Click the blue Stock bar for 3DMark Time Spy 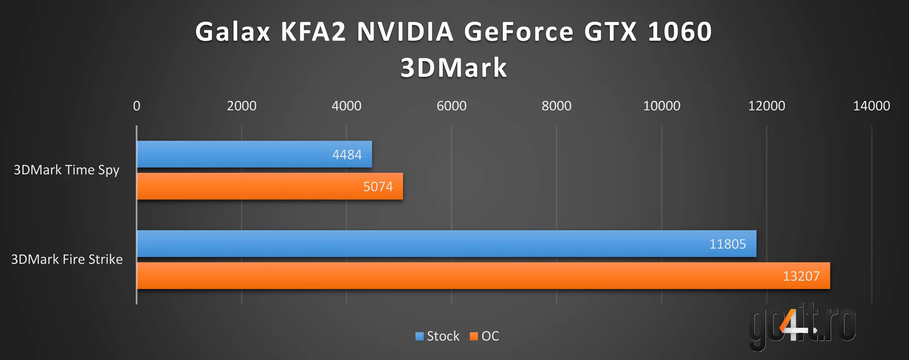tap(254, 154)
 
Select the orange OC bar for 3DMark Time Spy tap(269, 186)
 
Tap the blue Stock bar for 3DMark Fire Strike tap(446, 244)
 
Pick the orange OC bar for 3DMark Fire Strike tap(483, 276)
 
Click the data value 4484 tap(347, 155)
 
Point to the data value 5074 tap(378, 187)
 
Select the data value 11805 tap(728, 244)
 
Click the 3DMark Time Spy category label tap(66, 170)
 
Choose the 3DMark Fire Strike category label tap(67, 259)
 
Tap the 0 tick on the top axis tap(137, 106)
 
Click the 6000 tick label tap(451, 106)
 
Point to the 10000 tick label tap(662, 106)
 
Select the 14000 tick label tap(871, 106)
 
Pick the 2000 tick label tap(242, 106)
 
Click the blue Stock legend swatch tap(420, 336)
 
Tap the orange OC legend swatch tap(474, 336)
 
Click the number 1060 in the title tap(680, 32)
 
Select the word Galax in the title tap(232, 32)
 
